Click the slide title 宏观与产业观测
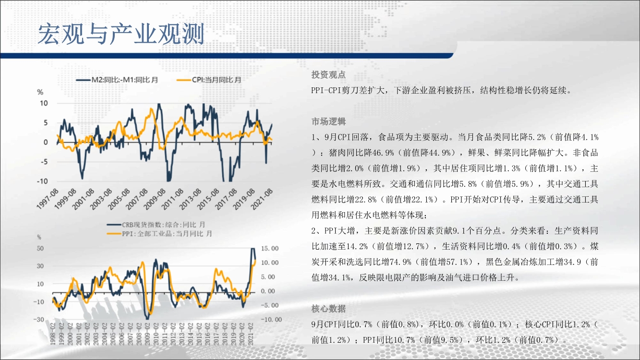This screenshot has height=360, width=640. tap(121, 34)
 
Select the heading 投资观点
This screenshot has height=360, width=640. tap(328, 75)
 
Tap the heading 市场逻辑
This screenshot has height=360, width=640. tap(328, 122)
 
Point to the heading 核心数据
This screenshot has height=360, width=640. tap(328, 309)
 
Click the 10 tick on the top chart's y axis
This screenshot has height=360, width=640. tap(44, 103)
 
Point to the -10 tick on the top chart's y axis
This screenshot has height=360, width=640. tap(42, 181)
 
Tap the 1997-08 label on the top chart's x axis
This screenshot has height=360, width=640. tap(48, 199)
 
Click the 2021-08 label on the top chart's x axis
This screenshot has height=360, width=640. tap(262, 199)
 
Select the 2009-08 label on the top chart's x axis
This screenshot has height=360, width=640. tap(155, 199)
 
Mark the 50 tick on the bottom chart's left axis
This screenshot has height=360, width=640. tap(40, 248)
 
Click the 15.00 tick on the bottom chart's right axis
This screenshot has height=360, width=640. tap(270, 248)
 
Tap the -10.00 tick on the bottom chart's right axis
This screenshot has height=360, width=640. tap(271, 319)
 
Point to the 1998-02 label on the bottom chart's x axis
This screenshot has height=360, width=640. tap(53, 334)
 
